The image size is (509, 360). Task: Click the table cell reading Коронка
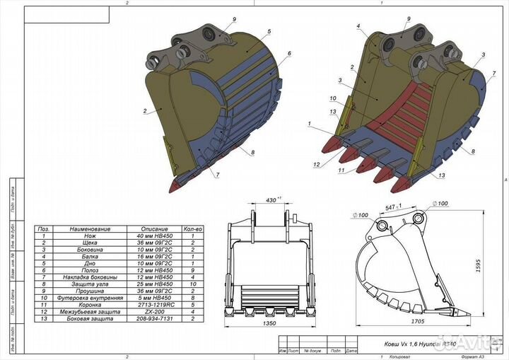(87, 305)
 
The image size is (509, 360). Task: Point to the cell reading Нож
(87, 236)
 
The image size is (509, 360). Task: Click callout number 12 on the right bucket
(317, 164)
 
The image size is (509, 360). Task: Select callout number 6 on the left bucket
(290, 54)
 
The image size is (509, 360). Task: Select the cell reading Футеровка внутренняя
(87, 298)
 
